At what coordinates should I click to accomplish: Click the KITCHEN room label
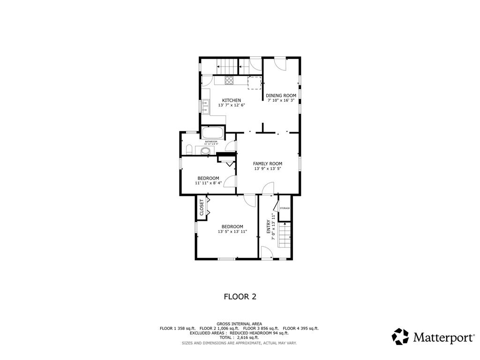pyautogui.click(x=232, y=100)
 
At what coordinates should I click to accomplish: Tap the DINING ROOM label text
pyautogui.click(x=281, y=96)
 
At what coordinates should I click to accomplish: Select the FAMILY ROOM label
pyautogui.click(x=268, y=164)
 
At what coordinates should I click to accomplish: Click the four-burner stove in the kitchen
pyautogui.click(x=229, y=80)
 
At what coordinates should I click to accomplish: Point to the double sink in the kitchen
pyautogui.click(x=206, y=106)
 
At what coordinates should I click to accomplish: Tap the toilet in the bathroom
pyautogui.click(x=188, y=150)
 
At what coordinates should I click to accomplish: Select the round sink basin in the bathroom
pyautogui.click(x=205, y=151)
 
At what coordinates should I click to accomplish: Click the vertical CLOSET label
pyautogui.click(x=202, y=207)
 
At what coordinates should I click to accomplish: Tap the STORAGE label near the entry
pyautogui.click(x=285, y=208)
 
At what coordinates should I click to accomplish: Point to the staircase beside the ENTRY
pyautogui.click(x=285, y=235)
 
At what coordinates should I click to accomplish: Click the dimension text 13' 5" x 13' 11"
pyautogui.click(x=232, y=232)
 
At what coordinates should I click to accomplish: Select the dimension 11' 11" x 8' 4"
pyautogui.click(x=208, y=183)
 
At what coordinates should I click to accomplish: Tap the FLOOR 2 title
pyautogui.click(x=240, y=296)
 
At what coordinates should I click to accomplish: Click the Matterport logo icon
pyautogui.click(x=400, y=337)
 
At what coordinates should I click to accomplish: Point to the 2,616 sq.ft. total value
pyautogui.click(x=248, y=337)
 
